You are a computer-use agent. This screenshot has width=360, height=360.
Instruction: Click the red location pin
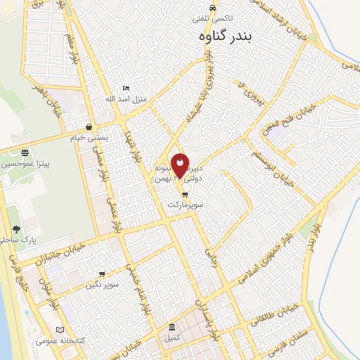[x=180, y=165]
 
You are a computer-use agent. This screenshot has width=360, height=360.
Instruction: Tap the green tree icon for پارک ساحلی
[x=16, y=229]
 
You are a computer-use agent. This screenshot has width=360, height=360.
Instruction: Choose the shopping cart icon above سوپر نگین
[x=102, y=274]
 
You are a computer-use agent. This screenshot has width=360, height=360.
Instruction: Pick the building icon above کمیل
[x=172, y=328]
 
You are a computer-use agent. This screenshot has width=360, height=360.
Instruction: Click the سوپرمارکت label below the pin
[x=185, y=204]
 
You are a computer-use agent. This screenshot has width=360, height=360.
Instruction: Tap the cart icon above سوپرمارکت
[x=185, y=194]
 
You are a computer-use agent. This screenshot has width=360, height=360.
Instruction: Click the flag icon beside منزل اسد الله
[x=126, y=89]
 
